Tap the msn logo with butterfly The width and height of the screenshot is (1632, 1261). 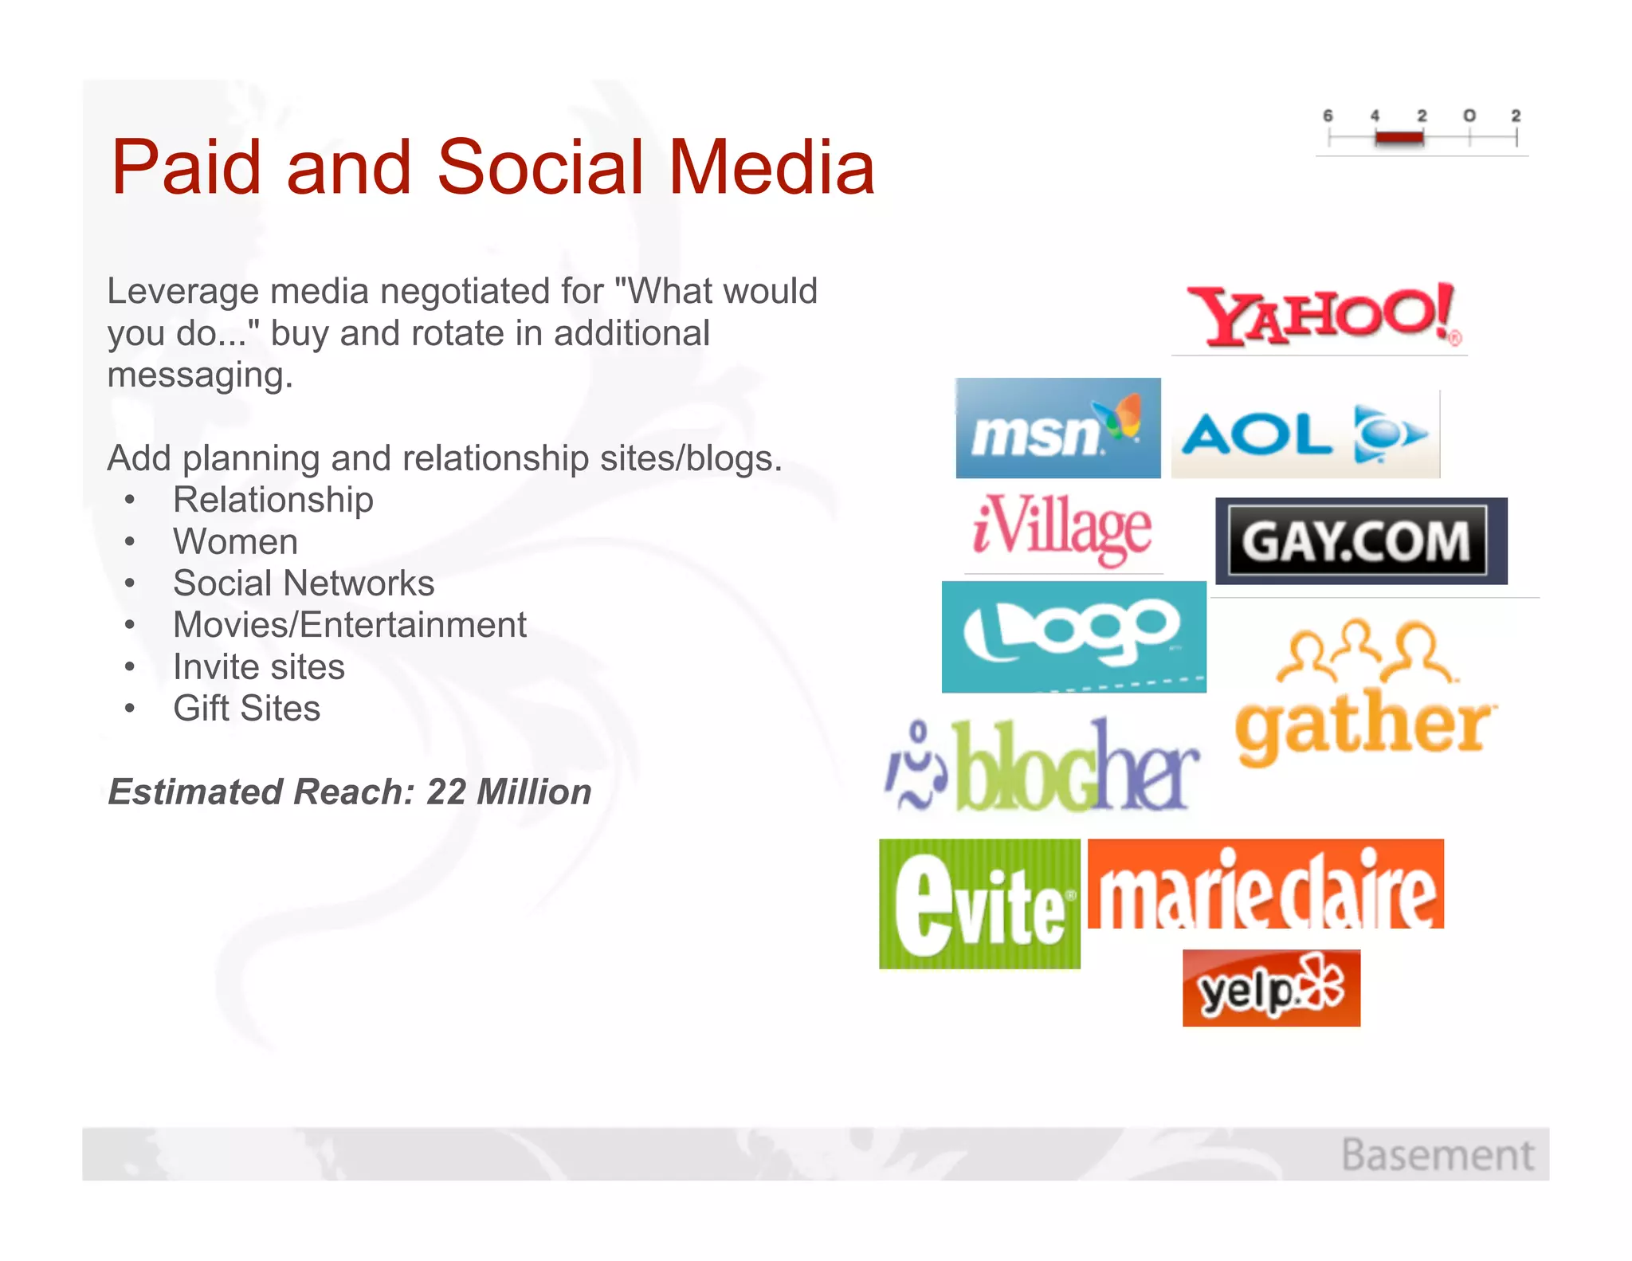pyautogui.click(x=1057, y=429)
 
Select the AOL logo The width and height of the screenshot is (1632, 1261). pyautogui.click(x=1304, y=434)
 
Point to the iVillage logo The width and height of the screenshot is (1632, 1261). pyautogui.click(x=1062, y=530)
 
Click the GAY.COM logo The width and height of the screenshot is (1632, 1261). pyautogui.click(x=1359, y=541)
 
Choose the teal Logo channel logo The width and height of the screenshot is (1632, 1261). pyautogui.click(x=1073, y=637)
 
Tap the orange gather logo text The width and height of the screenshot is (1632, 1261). pyautogui.click(x=1364, y=724)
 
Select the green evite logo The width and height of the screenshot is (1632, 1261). pyautogui.click(x=979, y=904)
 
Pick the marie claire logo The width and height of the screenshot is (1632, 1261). pyautogui.click(x=1265, y=885)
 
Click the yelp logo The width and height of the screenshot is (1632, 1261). pyautogui.click(x=1271, y=988)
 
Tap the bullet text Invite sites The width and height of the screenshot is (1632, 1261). pyautogui.click(x=259, y=666)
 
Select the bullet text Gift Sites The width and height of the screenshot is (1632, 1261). pyautogui.click(x=247, y=709)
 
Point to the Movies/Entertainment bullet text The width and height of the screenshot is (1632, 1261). pyautogui.click(x=350, y=625)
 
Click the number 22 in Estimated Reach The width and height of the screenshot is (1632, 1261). pyautogui.click(x=445, y=792)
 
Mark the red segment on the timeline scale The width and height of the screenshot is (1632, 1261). pyautogui.click(x=1399, y=138)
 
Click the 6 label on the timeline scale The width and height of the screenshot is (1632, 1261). pyautogui.click(x=1328, y=116)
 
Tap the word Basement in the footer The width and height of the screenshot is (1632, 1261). pyautogui.click(x=1438, y=1155)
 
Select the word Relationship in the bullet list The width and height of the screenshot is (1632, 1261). pyautogui.click(x=273, y=500)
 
